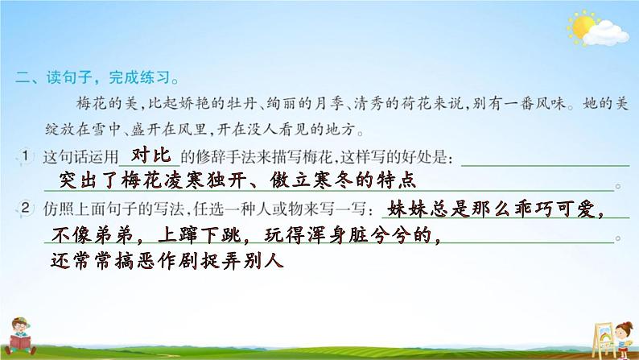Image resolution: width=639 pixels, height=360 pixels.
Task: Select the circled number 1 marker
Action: pos(26,155)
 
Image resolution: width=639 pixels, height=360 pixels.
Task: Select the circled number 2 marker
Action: pos(26,209)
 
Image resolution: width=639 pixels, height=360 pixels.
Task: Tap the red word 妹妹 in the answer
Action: pos(405,210)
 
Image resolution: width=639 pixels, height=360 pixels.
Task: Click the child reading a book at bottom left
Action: pos(29,331)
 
